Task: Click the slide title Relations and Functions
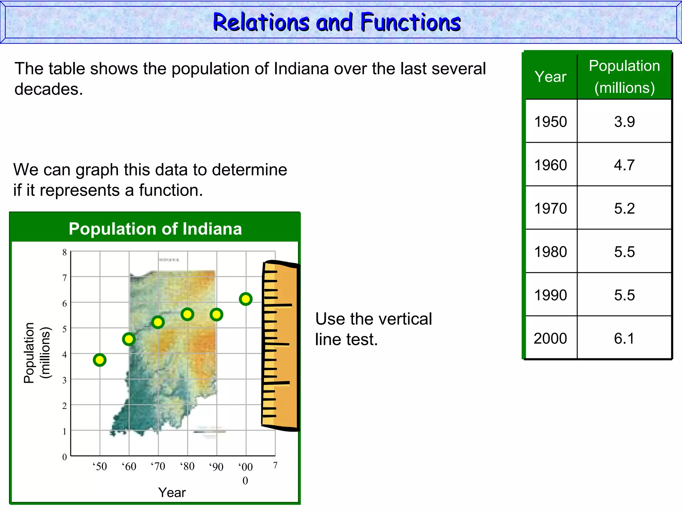click(x=337, y=22)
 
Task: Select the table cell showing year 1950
click(x=550, y=121)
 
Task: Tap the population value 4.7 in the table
click(x=624, y=165)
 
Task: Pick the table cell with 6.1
click(x=624, y=338)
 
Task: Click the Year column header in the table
click(x=550, y=77)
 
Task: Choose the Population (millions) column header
click(x=624, y=77)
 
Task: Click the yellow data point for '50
click(x=100, y=360)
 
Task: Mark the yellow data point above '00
click(x=245, y=299)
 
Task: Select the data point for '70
click(x=158, y=322)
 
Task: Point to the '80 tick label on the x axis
click(x=187, y=466)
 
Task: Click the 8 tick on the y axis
click(x=65, y=252)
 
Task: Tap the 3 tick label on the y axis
click(x=65, y=380)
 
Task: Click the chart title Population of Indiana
click(x=155, y=229)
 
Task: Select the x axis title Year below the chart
click(x=172, y=492)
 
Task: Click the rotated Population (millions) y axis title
click(x=37, y=353)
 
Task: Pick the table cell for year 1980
click(x=550, y=252)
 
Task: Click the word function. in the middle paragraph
click(x=170, y=190)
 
